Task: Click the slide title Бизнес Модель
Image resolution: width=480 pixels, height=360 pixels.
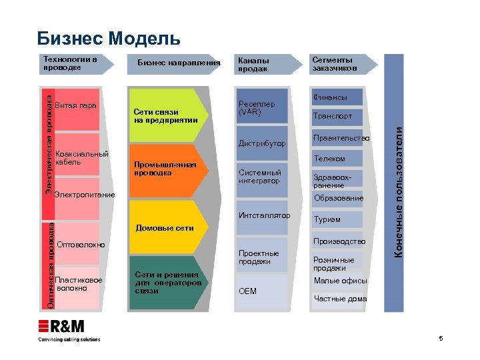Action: coord(109,37)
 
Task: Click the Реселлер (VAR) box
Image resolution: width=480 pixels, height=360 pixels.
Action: coord(262,107)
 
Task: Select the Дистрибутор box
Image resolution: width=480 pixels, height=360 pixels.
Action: coord(262,143)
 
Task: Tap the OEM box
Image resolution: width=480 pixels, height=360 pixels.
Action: coord(262,291)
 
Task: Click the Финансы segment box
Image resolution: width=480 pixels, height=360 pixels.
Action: coord(337,97)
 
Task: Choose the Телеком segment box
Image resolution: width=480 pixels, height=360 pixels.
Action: coord(337,158)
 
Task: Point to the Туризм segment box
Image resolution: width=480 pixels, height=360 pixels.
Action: coord(337,219)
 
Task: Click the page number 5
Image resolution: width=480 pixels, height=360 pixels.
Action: coord(441,339)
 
